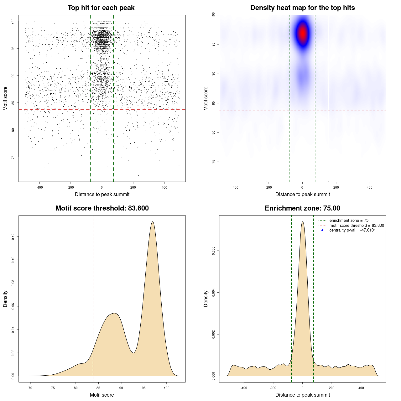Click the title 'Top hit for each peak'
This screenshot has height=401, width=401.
[101, 8]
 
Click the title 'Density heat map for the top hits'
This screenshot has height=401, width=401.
[302, 8]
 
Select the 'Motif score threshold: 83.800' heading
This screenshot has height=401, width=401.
[102, 208]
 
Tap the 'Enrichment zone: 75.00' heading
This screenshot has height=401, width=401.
[302, 208]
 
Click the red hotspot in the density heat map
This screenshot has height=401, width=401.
[303, 33]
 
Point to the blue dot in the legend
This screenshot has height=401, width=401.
[322, 230]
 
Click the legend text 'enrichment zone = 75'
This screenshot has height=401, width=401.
[349, 221]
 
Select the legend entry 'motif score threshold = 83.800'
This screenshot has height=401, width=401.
[357, 226]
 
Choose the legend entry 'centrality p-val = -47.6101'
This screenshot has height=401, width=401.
[352, 230]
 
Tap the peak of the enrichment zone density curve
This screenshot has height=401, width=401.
[302, 222]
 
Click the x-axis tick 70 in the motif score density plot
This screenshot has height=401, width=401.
[30, 388]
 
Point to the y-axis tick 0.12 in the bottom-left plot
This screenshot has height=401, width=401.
[13, 237]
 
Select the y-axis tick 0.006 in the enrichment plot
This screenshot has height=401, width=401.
[213, 251]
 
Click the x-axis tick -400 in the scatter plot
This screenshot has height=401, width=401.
[39, 187]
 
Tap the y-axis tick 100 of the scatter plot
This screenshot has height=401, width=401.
[13, 21]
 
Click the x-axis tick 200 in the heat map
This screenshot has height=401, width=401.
[336, 187]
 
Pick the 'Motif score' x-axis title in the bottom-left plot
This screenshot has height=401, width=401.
[102, 395]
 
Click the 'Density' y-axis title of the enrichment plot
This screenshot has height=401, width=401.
[206, 299]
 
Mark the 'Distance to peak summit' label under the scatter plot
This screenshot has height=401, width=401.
[102, 194]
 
